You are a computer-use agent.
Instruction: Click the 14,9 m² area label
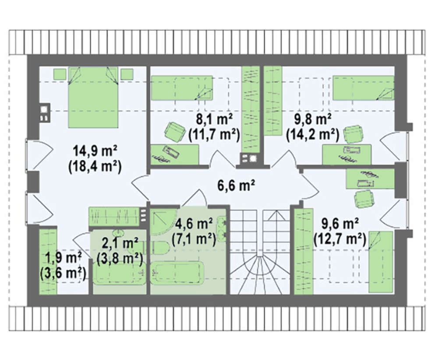point(95,152)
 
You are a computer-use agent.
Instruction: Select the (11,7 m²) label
point(215,135)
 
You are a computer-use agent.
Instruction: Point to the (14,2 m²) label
point(313,135)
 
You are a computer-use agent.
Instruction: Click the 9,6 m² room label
point(340,224)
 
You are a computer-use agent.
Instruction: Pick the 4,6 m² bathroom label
point(194,224)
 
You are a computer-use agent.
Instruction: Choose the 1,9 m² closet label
point(63,258)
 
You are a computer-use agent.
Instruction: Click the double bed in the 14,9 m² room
point(93,97)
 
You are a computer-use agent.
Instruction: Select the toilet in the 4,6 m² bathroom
point(161,248)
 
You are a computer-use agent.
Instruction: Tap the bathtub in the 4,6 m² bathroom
point(177,272)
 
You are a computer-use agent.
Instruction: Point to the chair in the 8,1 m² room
point(175,131)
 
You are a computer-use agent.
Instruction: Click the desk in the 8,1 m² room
point(175,155)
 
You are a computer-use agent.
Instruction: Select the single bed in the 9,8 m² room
point(364,88)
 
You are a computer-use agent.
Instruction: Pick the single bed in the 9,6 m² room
point(381,262)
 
